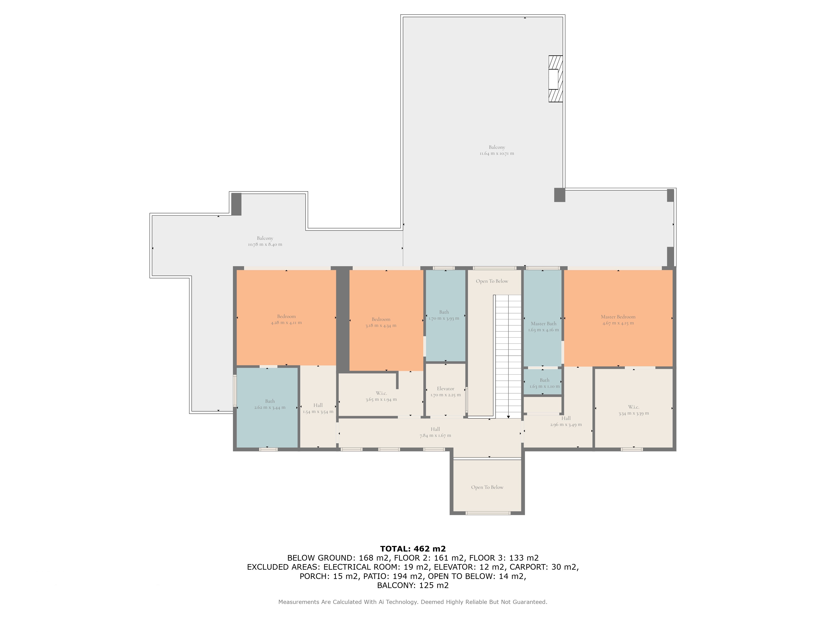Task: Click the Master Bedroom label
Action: click(618, 317)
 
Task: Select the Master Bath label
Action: click(544, 324)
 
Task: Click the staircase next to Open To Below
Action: click(508, 356)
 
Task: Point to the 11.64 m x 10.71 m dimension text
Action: click(497, 153)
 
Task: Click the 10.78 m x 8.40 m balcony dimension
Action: click(265, 244)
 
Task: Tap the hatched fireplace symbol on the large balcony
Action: click(556, 79)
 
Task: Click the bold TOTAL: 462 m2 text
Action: click(413, 549)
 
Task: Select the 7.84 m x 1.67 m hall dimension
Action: click(435, 435)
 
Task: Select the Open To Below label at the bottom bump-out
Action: click(487, 487)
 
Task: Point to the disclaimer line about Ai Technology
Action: click(413, 602)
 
